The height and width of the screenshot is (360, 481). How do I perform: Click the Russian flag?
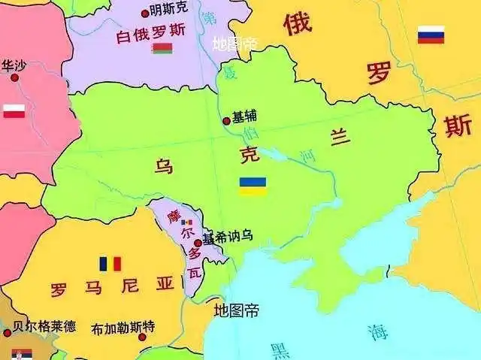(x=431, y=35)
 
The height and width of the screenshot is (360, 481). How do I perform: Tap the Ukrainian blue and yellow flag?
(x=253, y=186)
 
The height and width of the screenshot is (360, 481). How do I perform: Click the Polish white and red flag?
(x=14, y=111)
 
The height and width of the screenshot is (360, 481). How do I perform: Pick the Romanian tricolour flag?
(x=110, y=264)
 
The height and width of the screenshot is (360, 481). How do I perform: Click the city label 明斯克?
(x=169, y=11)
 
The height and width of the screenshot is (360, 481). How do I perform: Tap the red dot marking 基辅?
(x=226, y=120)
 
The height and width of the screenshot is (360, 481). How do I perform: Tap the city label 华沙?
(x=14, y=65)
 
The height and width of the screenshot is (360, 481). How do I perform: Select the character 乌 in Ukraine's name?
(x=163, y=166)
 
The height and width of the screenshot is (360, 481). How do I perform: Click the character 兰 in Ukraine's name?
(x=340, y=138)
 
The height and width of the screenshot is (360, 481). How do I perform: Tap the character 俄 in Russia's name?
(x=297, y=24)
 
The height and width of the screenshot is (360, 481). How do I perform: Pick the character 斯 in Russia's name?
(x=458, y=126)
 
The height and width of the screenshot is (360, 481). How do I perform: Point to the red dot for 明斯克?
(x=144, y=13)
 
